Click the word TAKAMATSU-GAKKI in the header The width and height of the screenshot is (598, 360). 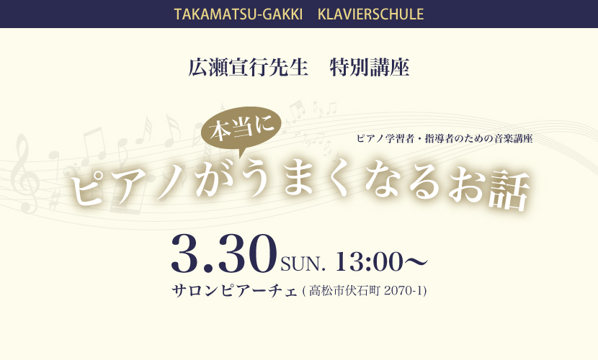pos(238,14)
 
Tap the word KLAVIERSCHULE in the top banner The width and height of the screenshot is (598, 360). pos(371,14)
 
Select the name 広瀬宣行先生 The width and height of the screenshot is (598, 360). pos(249,68)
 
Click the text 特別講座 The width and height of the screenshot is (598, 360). pos(370,68)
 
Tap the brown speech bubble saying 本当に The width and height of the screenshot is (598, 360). pos(241,128)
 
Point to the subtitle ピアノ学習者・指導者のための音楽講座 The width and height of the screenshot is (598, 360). pos(445,139)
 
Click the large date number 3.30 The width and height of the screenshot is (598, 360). pos(224,253)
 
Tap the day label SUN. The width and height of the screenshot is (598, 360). pos(303,264)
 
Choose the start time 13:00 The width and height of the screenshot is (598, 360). pos(369,262)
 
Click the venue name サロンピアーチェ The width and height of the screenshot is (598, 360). pos(234,291)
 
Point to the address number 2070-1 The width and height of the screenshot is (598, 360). pos(404,291)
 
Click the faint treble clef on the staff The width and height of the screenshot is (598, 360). pos(24,174)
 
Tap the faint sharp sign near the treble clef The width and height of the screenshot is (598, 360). pos(55,199)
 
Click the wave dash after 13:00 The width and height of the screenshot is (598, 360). pos(415,262)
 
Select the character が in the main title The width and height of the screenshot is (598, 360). pos(214,180)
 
